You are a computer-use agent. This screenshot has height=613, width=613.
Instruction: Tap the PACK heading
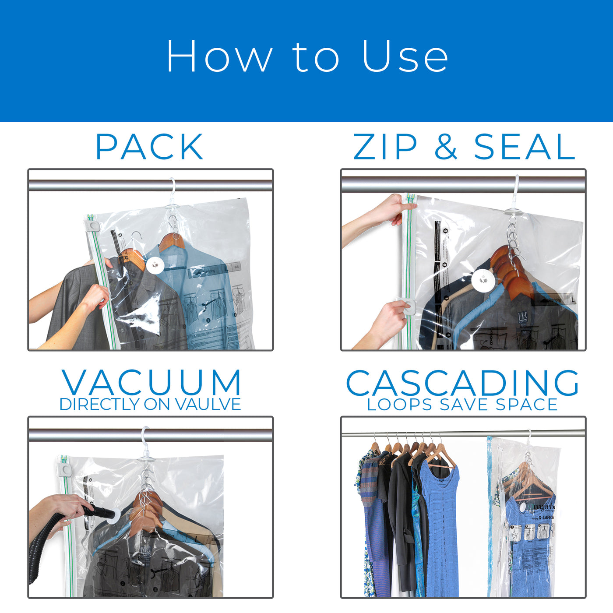pyautogui.click(x=149, y=147)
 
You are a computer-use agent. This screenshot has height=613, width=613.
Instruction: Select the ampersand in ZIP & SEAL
pyautogui.click(x=446, y=147)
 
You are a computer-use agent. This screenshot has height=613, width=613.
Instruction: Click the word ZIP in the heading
pyautogui.click(x=385, y=147)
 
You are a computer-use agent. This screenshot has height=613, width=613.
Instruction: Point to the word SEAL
pyautogui.click(x=524, y=147)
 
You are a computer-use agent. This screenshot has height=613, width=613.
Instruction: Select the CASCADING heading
pyautogui.click(x=463, y=383)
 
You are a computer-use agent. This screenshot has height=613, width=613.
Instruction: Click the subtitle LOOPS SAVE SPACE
pyautogui.click(x=462, y=405)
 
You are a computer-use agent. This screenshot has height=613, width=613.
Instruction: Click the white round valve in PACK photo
pyautogui.click(x=154, y=265)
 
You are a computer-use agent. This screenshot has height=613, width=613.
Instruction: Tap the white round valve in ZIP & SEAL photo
pyautogui.click(x=482, y=279)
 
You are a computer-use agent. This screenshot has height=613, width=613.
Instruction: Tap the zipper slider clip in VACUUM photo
pyautogui.click(x=66, y=470)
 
